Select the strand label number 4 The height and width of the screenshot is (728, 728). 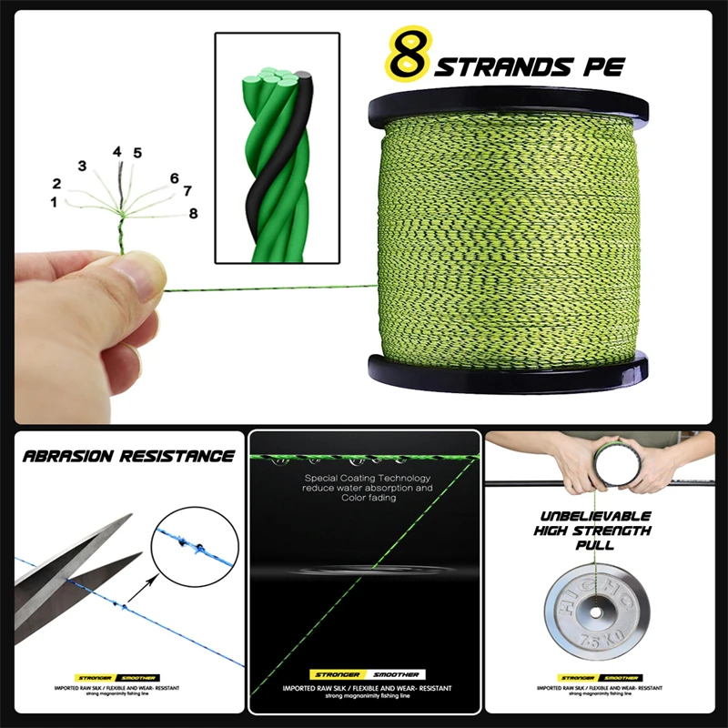[117, 152]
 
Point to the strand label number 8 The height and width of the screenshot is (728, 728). [192, 213]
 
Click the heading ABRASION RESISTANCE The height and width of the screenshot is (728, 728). [129, 456]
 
